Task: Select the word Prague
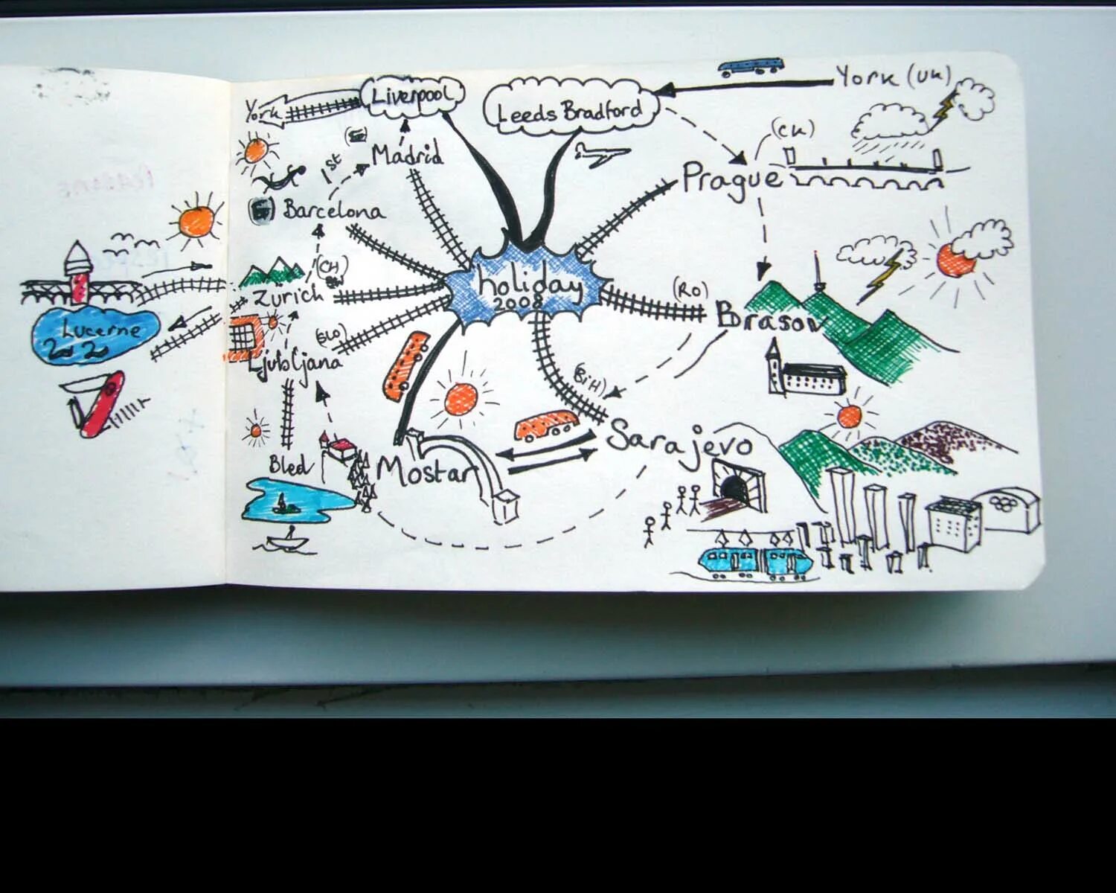(732, 179)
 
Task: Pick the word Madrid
(407, 156)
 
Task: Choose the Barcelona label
(334, 211)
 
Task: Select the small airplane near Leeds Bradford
(600, 154)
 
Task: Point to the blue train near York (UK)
(751, 68)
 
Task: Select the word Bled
(287, 467)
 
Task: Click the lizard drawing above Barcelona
(280, 179)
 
